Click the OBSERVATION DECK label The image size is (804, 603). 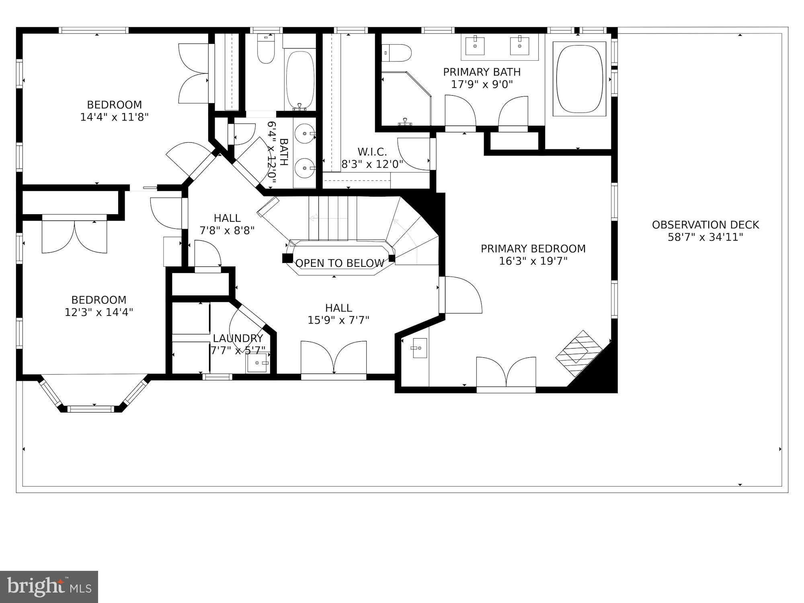(x=705, y=225)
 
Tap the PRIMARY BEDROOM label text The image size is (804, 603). (x=533, y=249)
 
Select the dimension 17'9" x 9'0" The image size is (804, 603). (x=482, y=84)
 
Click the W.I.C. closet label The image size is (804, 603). (x=372, y=152)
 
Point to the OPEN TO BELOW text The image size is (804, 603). (x=340, y=263)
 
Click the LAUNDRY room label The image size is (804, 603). (x=238, y=338)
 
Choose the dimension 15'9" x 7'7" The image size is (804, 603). (x=338, y=320)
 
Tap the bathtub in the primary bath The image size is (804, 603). (x=579, y=79)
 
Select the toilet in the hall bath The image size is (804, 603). (x=266, y=50)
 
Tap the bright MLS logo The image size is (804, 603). (x=49, y=587)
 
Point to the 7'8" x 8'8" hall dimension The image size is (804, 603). (x=227, y=231)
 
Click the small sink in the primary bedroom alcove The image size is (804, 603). (x=418, y=348)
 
